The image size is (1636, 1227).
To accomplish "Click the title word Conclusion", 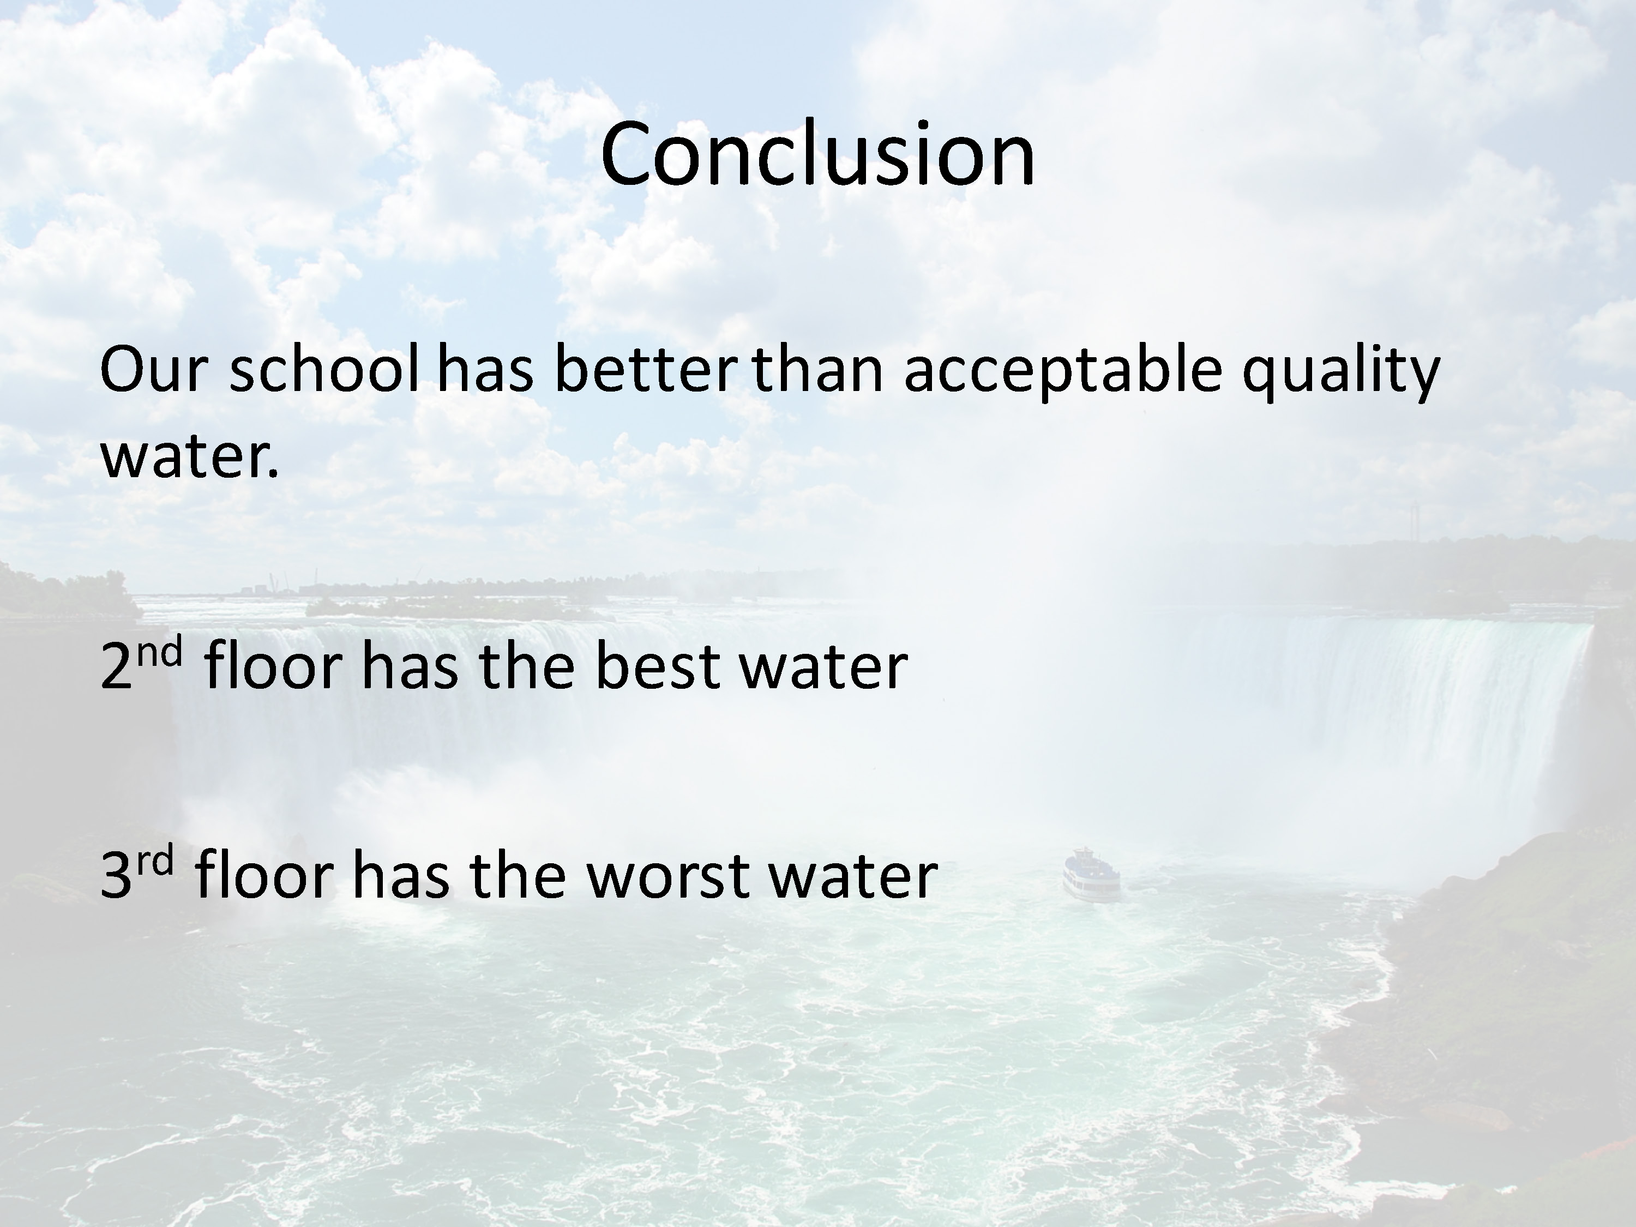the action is point(817,154).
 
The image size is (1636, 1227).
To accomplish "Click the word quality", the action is point(1341,374).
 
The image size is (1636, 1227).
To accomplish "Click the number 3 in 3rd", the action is point(117,876).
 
